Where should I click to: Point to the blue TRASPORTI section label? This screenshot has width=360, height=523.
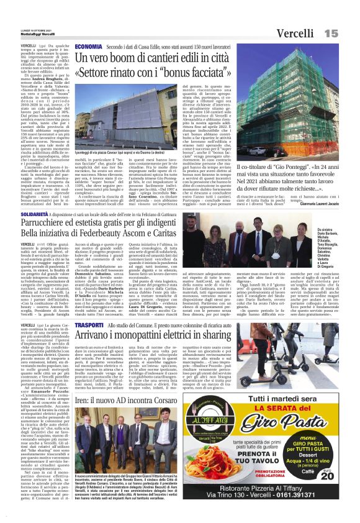[x=88, y=325]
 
